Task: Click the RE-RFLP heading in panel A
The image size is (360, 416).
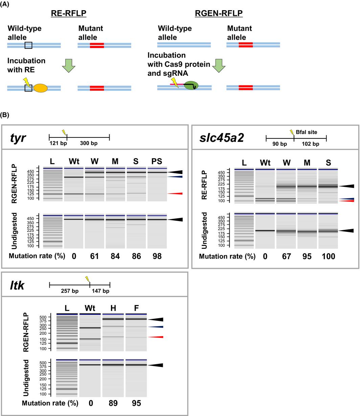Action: click(69, 14)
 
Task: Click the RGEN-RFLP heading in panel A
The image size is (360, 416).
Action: click(219, 14)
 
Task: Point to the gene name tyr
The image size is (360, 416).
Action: click(18, 138)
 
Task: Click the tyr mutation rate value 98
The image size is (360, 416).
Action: click(157, 256)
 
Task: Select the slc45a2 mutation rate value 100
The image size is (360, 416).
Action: click(329, 256)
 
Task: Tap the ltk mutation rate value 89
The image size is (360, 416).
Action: click(113, 403)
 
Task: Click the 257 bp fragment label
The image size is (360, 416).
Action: click(69, 291)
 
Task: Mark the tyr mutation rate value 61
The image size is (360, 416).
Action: click(94, 256)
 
